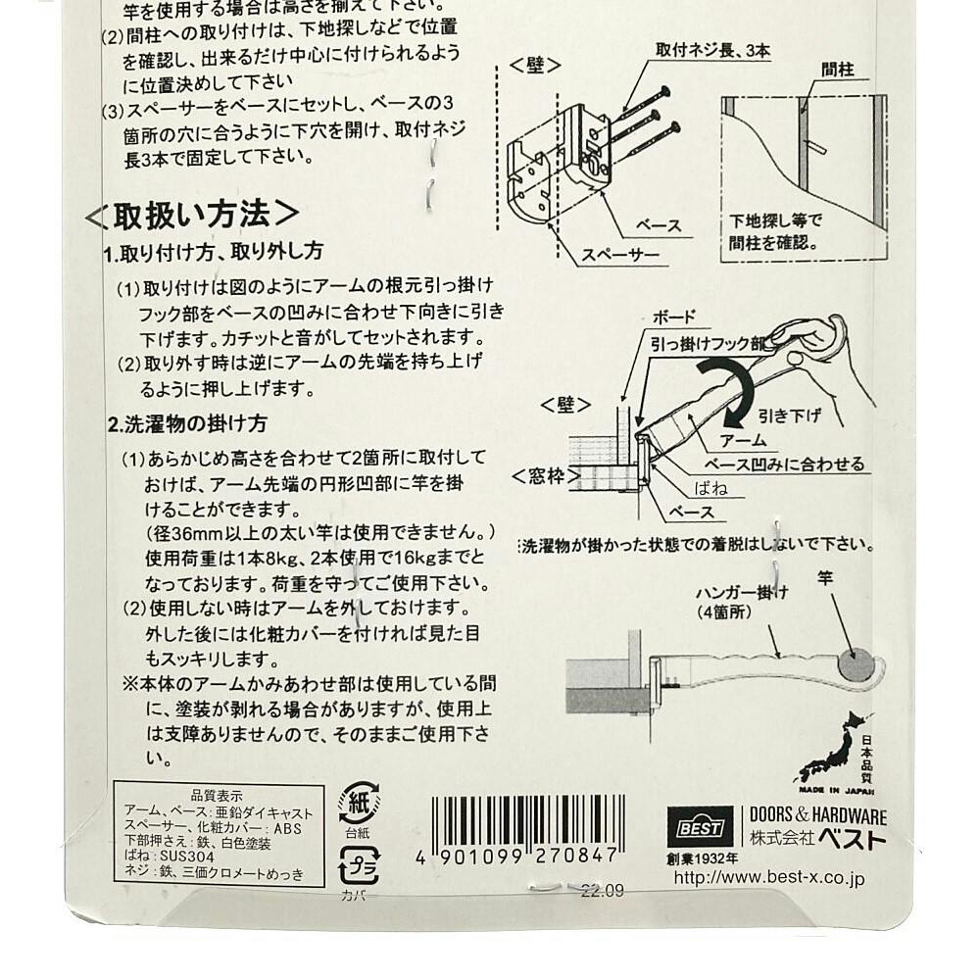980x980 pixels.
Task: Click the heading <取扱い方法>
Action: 192,215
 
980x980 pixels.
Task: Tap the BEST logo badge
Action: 701,828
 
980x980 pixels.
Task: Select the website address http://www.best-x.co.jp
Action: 768,878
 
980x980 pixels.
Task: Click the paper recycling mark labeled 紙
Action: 358,804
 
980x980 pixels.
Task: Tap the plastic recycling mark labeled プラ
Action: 359,865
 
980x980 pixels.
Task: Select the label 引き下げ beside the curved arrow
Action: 789,415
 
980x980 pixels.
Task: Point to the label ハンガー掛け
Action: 742,593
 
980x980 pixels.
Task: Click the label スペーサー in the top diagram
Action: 620,255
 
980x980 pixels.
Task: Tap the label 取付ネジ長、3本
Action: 712,51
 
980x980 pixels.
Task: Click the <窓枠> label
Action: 546,477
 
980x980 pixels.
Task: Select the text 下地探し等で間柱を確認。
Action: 775,232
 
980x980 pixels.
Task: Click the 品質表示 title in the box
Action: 217,796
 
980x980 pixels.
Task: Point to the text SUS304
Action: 187,857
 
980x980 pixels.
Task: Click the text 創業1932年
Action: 703,859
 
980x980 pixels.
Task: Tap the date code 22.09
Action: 602,891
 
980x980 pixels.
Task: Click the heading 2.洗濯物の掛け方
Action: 187,424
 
